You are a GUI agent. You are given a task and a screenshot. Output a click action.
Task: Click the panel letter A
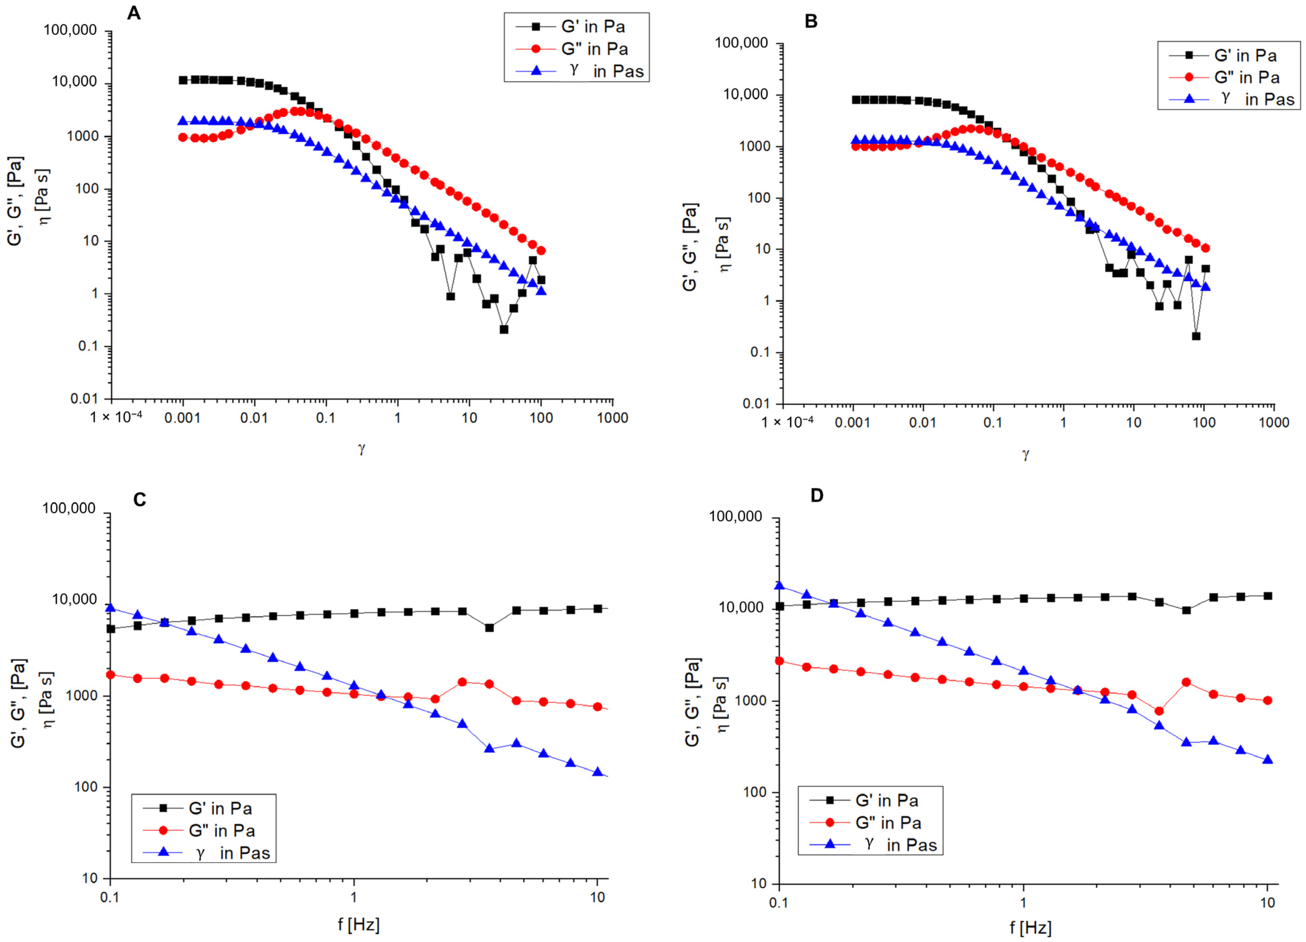pyautogui.click(x=134, y=13)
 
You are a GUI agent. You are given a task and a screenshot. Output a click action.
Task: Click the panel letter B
pyautogui.click(x=811, y=22)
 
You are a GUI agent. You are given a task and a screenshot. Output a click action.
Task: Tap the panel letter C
pyautogui.click(x=139, y=499)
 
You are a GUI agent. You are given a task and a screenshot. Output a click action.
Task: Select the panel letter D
pyautogui.click(x=816, y=496)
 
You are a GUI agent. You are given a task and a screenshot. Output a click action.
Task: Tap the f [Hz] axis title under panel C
pyautogui.click(x=359, y=925)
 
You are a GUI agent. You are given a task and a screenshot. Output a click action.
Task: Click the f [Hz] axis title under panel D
pyautogui.click(x=1030, y=928)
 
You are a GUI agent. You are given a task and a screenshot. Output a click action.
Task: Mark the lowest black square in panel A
pyautogui.click(x=504, y=329)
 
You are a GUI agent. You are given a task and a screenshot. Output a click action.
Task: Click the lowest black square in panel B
pyautogui.click(x=1196, y=336)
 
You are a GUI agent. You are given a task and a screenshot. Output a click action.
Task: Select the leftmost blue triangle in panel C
pyautogui.click(x=110, y=608)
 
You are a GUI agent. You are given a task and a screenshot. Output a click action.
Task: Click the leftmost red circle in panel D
pyautogui.click(x=780, y=661)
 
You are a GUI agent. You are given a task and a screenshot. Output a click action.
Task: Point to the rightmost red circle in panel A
pyautogui.click(x=541, y=251)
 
